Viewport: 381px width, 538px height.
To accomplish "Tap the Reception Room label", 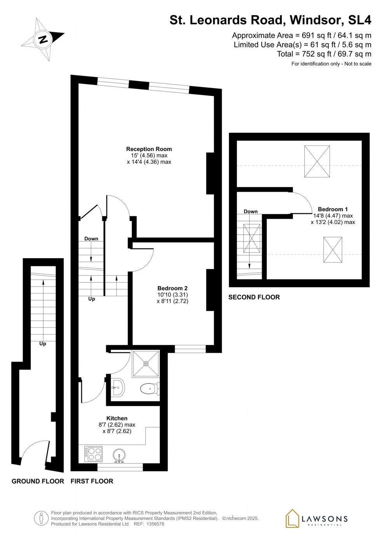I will tap(149, 149).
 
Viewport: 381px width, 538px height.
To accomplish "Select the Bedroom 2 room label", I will tap(172, 288).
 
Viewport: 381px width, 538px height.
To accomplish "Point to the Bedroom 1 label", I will tap(333, 209).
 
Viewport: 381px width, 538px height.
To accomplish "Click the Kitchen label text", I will tap(117, 418).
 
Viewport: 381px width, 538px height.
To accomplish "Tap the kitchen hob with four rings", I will tap(93, 454).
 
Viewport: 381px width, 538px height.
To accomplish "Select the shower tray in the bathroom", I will tap(146, 364).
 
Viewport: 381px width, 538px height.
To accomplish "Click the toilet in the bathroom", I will tap(149, 388).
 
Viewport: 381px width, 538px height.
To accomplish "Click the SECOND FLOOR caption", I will tap(254, 297).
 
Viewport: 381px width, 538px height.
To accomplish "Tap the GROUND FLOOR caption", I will tap(38, 481).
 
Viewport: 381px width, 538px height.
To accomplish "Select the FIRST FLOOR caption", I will tap(92, 481).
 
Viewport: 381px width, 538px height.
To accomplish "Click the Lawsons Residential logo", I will tap(316, 519).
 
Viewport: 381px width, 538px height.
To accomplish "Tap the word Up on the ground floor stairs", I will tap(43, 344).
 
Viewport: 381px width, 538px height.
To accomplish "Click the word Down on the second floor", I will tap(250, 212).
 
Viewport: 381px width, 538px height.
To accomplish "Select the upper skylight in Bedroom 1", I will tap(317, 161).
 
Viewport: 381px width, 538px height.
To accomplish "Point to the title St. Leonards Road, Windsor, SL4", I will tap(270, 20).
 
